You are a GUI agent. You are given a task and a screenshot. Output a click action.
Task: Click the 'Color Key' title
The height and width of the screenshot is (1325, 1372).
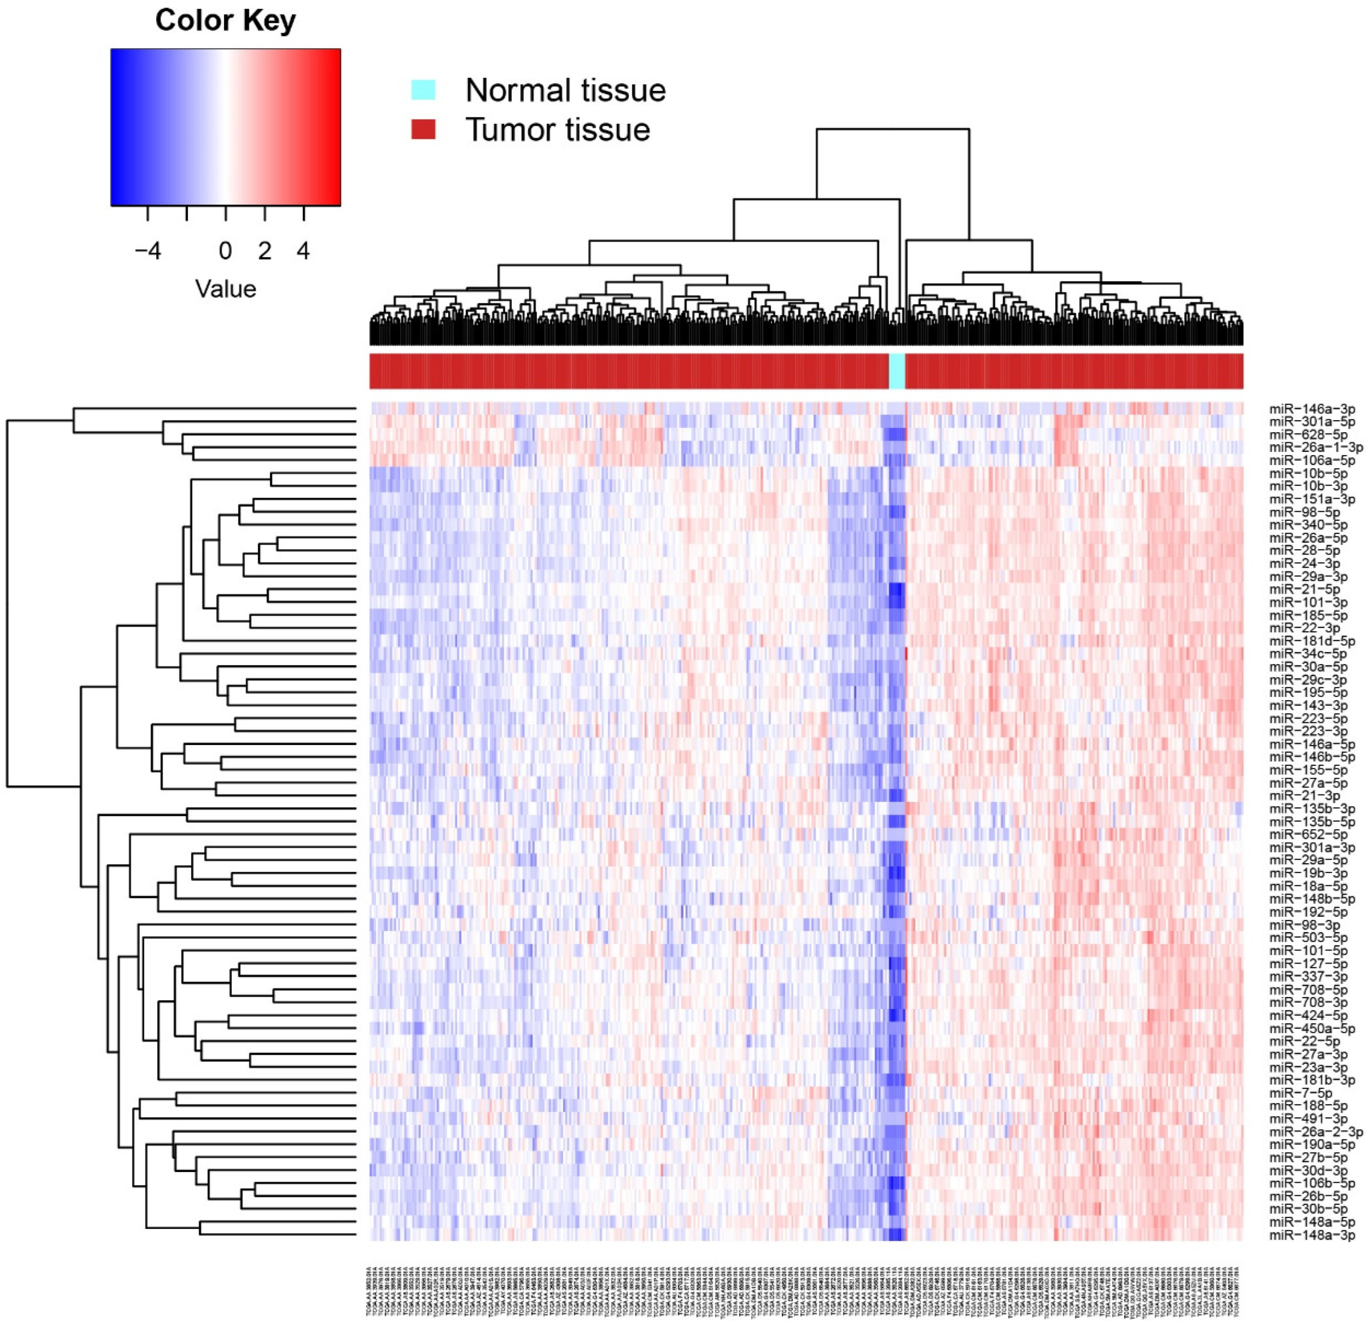[225, 20]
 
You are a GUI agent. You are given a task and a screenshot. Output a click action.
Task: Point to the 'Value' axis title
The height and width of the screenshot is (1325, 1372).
[225, 288]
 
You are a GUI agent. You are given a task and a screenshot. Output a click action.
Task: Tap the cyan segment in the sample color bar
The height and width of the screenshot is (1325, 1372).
[897, 371]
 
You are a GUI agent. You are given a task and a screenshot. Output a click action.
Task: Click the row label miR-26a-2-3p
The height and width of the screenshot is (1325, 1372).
[1316, 1131]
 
